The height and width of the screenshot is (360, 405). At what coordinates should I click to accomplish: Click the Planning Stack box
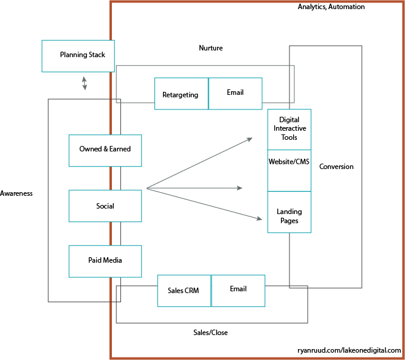[x=78, y=56]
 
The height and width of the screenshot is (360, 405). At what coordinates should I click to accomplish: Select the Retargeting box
[x=181, y=94]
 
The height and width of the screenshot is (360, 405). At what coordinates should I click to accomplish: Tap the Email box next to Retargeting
[x=235, y=93]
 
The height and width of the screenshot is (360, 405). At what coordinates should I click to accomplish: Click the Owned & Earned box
[x=105, y=150]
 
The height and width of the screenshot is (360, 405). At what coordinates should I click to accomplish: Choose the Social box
[x=105, y=206]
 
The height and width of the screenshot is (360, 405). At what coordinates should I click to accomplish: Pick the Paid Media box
[x=105, y=261]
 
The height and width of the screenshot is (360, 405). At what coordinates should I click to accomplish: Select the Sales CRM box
[x=184, y=291]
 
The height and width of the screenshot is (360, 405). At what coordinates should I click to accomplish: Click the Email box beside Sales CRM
[x=238, y=290]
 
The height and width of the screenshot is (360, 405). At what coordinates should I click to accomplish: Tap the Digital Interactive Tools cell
[x=289, y=129]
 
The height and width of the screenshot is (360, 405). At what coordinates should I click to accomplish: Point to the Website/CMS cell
[x=289, y=170]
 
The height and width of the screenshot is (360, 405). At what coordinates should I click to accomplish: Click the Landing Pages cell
[x=289, y=212]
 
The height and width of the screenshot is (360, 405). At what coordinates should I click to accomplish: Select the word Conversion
[x=336, y=167]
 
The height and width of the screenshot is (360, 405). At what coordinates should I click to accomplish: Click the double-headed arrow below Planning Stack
[x=85, y=83]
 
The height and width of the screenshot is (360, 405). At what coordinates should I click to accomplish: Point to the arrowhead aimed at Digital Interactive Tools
[x=249, y=139]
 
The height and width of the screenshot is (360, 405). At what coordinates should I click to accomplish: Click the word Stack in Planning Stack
[x=96, y=55]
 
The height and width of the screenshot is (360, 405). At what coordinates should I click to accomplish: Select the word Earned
[x=120, y=149]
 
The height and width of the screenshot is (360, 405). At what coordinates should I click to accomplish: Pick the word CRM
[x=192, y=291]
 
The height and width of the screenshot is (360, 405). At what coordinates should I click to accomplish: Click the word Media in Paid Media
[x=113, y=260]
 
